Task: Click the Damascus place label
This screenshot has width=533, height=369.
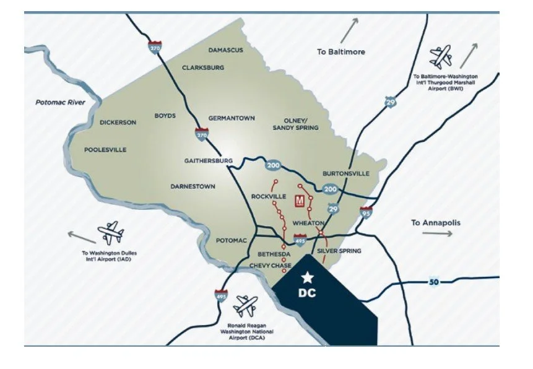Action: [226, 50]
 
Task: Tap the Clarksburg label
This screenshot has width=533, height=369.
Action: [203, 67]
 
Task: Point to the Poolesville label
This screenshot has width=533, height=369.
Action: [105, 149]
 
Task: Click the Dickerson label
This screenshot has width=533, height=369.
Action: [118, 123]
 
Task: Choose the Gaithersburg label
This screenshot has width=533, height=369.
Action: [208, 160]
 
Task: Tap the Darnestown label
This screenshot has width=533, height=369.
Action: [193, 186]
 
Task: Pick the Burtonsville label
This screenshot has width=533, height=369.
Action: [346, 173]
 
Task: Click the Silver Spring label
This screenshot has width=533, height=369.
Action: [339, 251]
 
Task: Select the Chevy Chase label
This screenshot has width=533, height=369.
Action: [270, 265]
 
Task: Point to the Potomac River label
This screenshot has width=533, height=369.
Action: [60, 102]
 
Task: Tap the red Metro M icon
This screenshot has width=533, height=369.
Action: [300, 201]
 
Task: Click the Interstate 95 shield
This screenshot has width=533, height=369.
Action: [367, 213]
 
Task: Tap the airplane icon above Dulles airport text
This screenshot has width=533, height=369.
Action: [111, 232]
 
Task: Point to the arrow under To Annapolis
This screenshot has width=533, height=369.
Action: [437, 233]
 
